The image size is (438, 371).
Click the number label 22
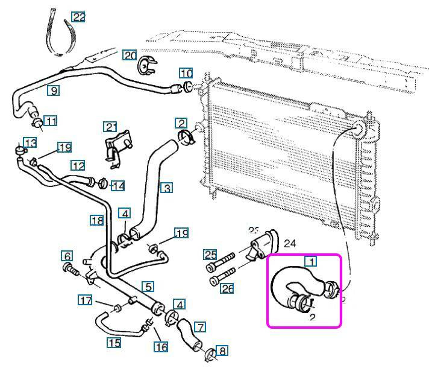click(x=78, y=16)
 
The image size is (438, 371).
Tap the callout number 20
click(x=130, y=55)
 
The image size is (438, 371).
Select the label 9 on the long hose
click(x=54, y=90)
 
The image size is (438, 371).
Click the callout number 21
click(x=110, y=127)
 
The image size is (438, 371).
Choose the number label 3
click(x=167, y=188)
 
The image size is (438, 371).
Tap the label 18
click(x=98, y=221)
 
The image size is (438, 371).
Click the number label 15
click(x=114, y=343)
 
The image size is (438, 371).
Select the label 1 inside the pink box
click(x=311, y=261)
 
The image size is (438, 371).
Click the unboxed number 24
click(x=290, y=244)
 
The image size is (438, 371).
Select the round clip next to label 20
click(x=146, y=65)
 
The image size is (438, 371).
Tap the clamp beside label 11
click(x=37, y=123)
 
